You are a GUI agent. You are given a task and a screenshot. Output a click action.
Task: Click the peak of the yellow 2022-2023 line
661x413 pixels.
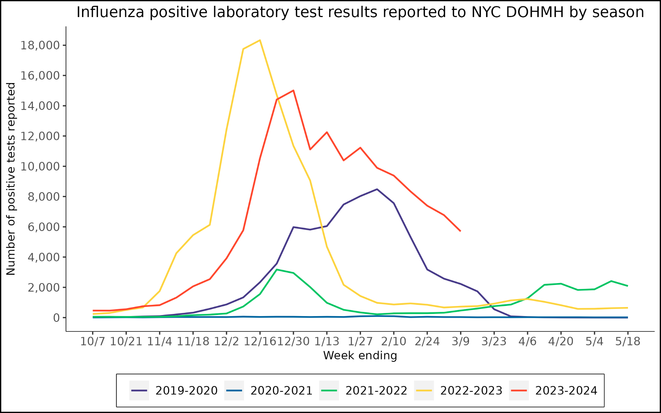260,40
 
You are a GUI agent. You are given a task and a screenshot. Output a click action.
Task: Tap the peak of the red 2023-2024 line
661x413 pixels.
293,90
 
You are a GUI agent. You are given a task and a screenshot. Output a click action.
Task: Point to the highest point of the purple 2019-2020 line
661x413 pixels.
377,189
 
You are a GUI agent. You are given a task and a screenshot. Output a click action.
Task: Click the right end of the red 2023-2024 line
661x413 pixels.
460,231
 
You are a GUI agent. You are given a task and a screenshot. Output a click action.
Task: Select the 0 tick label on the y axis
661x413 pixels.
56,318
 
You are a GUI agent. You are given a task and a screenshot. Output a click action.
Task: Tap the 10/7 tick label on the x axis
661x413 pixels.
93,342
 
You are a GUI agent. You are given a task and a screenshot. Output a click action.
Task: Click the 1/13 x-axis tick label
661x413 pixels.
327,342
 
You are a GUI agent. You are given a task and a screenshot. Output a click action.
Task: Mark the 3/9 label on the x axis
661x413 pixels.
460,342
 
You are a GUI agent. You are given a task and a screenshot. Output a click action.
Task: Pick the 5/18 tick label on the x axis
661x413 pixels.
628,342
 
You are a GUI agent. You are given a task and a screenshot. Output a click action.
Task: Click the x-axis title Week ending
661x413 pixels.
360,356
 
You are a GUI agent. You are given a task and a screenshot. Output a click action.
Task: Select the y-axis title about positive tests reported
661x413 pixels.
11,179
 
